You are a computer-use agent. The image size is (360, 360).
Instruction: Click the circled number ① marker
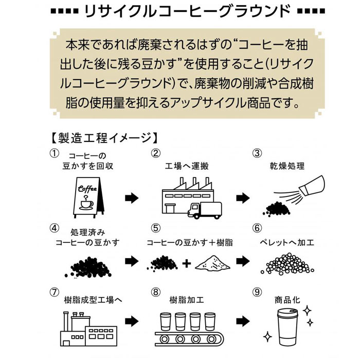(x=53, y=153)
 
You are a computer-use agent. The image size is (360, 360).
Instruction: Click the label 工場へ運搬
(x=187, y=167)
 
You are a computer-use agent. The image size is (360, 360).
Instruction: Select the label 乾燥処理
(x=287, y=167)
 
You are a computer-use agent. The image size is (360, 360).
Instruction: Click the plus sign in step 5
(x=186, y=264)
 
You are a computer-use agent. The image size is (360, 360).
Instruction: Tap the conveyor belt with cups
(x=186, y=332)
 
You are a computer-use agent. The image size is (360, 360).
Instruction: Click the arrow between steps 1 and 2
(x=132, y=197)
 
